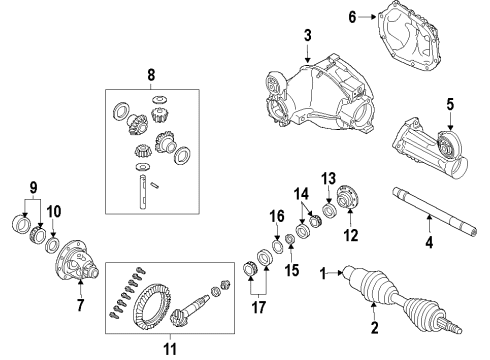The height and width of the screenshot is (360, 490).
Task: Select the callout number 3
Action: coord(308,37)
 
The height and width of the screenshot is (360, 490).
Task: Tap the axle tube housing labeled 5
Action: coord(425,150)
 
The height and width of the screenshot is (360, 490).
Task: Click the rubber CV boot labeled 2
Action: coord(379,287)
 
